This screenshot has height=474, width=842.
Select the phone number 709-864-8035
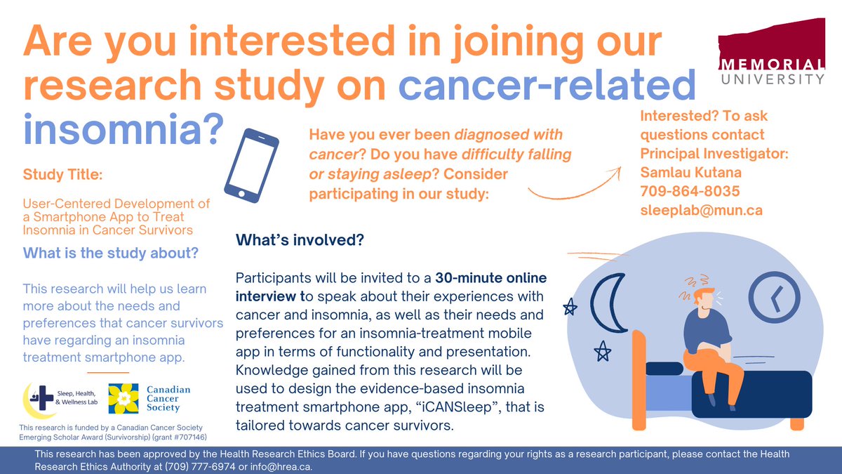tap(690, 191)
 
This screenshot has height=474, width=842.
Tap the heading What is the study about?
tap(111, 253)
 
